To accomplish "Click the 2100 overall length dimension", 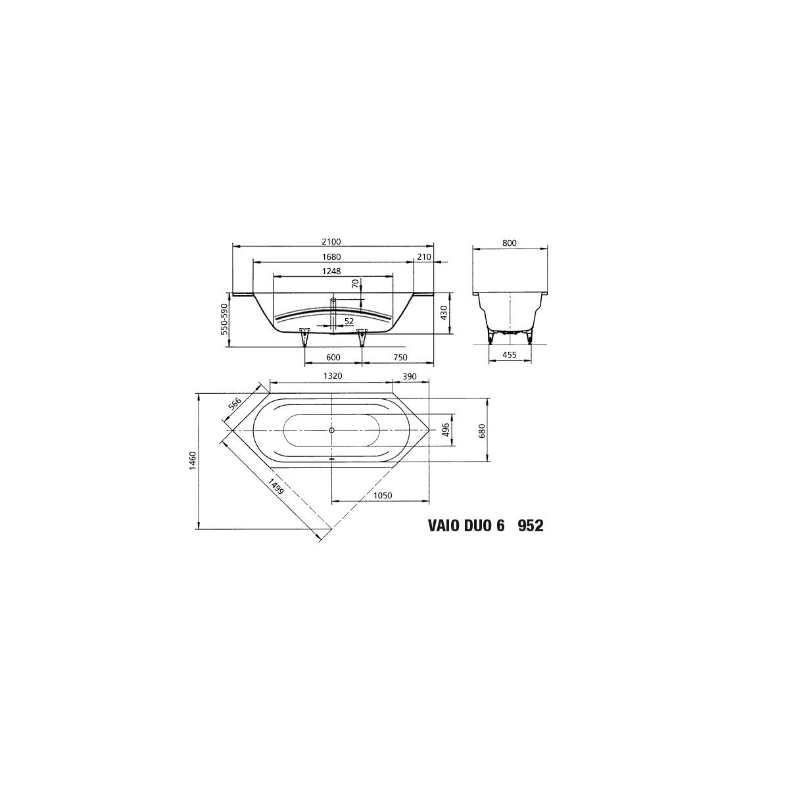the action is [x=331, y=242].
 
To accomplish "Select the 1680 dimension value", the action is [x=331, y=256].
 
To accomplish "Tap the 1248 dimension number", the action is [x=331, y=271].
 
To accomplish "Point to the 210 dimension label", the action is [x=424, y=256].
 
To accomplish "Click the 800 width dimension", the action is [x=510, y=243].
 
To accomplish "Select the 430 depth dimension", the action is [x=444, y=313].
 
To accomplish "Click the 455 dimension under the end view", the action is [x=510, y=355].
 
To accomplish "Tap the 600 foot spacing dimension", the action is [x=333, y=358].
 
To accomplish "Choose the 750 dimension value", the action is [x=400, y=358].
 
